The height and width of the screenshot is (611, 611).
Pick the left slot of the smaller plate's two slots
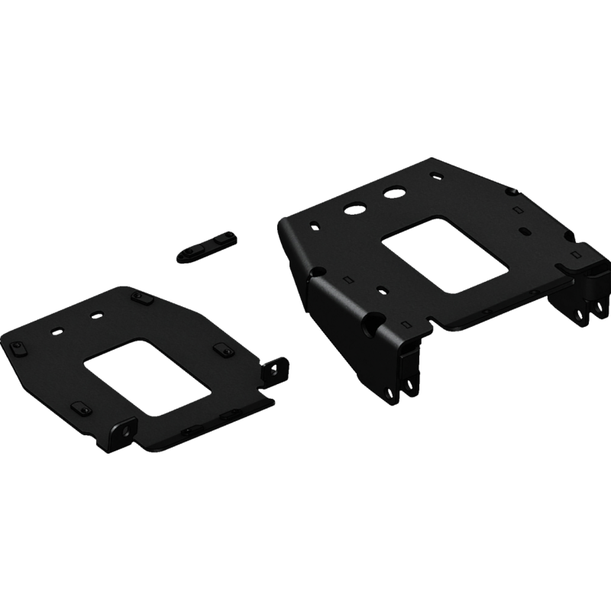[x=58, y=331]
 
